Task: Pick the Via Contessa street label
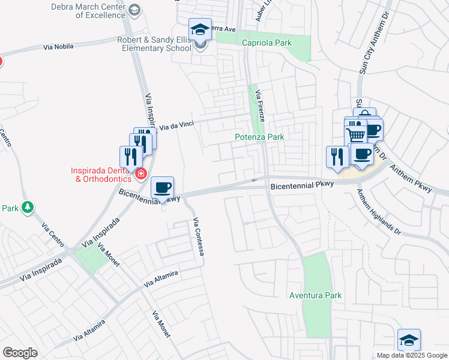(x=199, y=237)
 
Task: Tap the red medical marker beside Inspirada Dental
(x=141, y=174)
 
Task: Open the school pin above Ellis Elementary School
(x=200, y=29)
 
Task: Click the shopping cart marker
(x=355, y=134)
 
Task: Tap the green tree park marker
(x=27, y=208)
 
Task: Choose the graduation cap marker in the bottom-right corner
(x=409, y=340)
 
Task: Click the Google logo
(x=20, y=353)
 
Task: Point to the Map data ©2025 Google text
(x=411, y=355)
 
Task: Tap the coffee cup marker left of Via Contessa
(x=162, y=188)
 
